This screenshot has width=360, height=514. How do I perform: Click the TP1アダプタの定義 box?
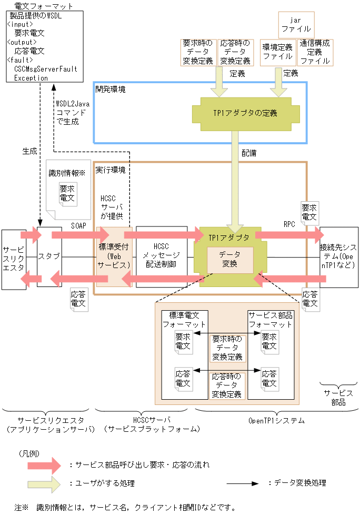pos(246,113)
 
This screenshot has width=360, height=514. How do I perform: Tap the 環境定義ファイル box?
pos(278,52)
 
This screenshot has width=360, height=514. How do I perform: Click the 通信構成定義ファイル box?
pos(315,52)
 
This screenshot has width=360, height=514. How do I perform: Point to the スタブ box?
pos(49,256)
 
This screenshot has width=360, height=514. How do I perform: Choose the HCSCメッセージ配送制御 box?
pos(161,256)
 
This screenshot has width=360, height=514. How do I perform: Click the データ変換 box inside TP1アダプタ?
pos(231,259)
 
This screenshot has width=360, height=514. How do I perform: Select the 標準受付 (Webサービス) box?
pos(113,256)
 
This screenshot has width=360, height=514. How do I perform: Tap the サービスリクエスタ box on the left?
pos(13,258)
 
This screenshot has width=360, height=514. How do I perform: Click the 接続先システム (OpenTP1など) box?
pos(338,256)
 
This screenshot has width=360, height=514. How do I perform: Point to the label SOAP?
pos(78,225)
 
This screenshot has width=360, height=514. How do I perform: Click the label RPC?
pos(289,224)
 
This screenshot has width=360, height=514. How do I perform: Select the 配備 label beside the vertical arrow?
pos(249,153)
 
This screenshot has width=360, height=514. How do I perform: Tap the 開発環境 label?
pos(110,90)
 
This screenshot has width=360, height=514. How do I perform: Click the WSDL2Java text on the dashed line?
pos(73,104)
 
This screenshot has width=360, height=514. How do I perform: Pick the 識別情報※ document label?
pos(66,173)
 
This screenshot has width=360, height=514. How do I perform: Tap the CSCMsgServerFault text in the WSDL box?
pos(45,69)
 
